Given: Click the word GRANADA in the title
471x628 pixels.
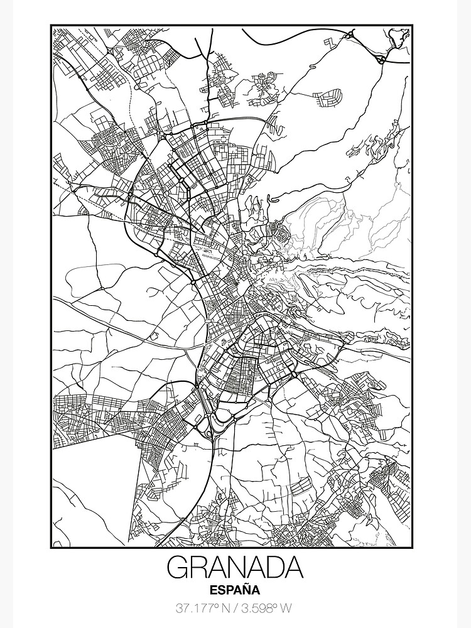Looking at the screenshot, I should (235, 568).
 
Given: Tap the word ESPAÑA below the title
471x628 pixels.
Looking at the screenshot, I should (235, 589).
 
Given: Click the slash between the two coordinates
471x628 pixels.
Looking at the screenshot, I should (235, 608).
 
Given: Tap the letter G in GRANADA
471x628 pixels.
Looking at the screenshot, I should (178, 568).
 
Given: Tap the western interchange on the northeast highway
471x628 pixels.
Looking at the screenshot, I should (347, 38).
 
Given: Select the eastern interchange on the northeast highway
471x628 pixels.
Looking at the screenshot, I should (381, 60).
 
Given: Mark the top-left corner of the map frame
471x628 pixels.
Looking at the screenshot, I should (51, 25).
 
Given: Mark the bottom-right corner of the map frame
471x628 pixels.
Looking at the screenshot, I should (413, 548).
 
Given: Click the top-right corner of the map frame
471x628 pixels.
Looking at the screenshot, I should (413, 25).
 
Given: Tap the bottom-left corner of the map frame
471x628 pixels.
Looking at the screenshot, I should (51, 548).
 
